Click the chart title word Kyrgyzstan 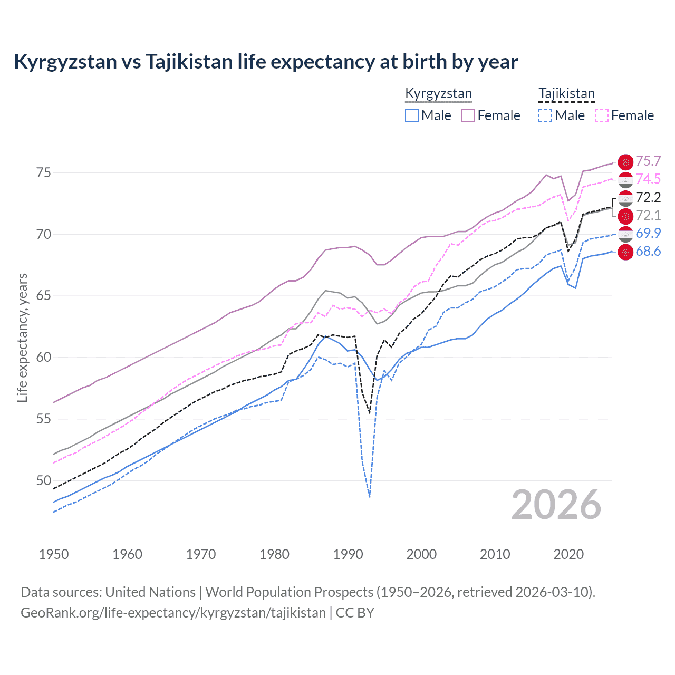click(x=65, y=62)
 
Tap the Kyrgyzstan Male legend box click(x=412, y=115)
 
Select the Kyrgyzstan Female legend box click(x=468, y=115)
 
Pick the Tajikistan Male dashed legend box click(x=545, y=115)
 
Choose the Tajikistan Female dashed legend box click(x=601, y=115)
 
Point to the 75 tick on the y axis click(x=44, y=173)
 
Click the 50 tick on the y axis click(x=44, y=480)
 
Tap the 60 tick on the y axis click(x=44, y=358)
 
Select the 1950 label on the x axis click(x=54, y=554)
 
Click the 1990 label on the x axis click(x=348, y=554)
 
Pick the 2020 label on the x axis click(x=568, y=554)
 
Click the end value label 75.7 click(x=648, y=161)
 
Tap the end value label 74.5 click(x=648, y=179)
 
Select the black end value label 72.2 click(x=648, y=197)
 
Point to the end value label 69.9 click(x=648, y=233)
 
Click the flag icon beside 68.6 click(x=625, y=252)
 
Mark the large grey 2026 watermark click(x=556, y=505)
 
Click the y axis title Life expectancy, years click(x=23, y=337)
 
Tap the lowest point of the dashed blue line click(x=370, y=497)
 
